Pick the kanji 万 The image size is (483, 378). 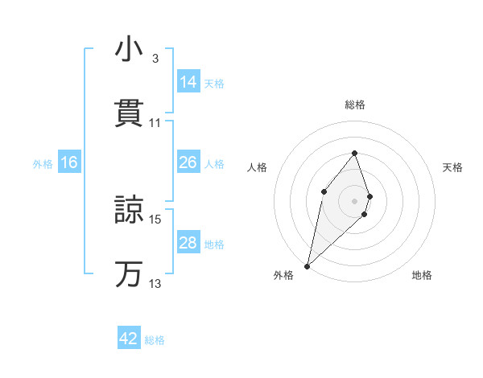click(x=130, y=273)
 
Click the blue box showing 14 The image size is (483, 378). click(x=188, y=81)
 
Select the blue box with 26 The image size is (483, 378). click(x=188, y=162)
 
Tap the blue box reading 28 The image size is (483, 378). click(x=188, y=243)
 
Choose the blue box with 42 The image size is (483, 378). click(x=130, y=339)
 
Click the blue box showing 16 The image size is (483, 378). click(x=69, y=162)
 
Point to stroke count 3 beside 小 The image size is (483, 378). click(x=155, y=59)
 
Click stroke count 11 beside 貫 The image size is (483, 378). click(x=155, y=122)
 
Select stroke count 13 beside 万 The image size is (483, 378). click(x=155, y=283)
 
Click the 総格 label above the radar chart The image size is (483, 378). click(x=355, y=105)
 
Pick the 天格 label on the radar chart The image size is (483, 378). click(x=453, y=167)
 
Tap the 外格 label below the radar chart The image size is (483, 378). click(x=283, y=276)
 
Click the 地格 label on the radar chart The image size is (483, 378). click(x=422, y=276)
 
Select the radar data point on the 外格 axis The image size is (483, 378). click(x=307, y=265)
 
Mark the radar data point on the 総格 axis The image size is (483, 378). click(x=354, y=153)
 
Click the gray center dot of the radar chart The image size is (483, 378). click(x=354, y=200)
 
